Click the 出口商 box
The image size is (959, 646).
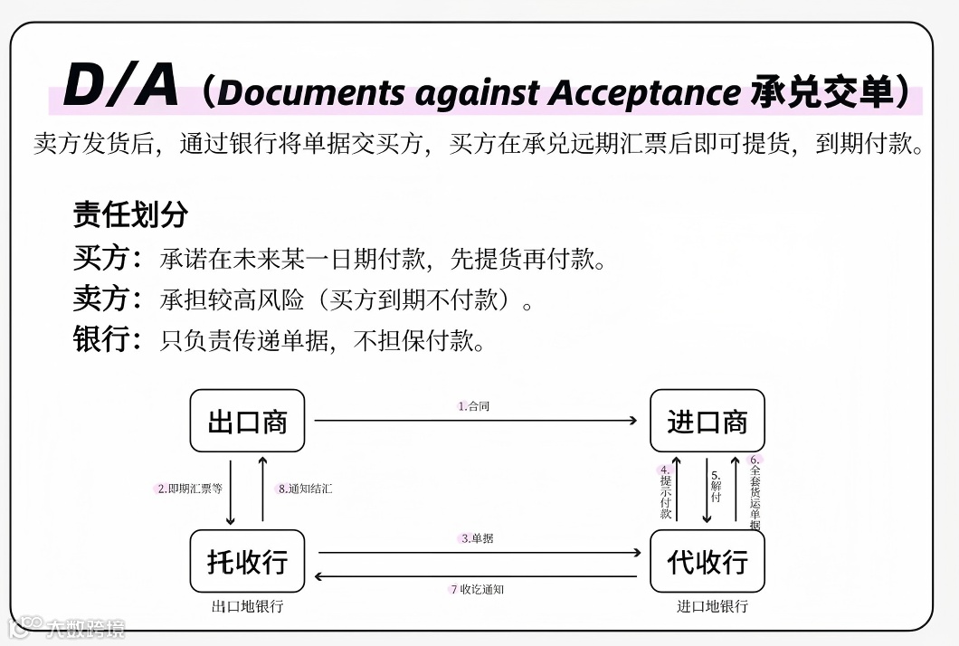[247, 422]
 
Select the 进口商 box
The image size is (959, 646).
[707, 422]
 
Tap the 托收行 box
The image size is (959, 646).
[247, 562]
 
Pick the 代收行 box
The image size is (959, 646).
[707, 562]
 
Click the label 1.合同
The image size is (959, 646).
[474, 406]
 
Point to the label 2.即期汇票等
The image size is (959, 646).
[190, 489]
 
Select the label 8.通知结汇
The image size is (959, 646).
[305, 489]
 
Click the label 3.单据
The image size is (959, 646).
[478, 538]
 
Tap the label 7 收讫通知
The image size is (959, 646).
[477, 589]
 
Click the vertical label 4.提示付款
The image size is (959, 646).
[666, 492]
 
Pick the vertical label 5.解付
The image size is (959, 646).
[716, 486]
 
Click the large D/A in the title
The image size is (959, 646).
[121, 87]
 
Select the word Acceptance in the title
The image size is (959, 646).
[645, 92]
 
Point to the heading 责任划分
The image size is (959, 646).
[130, 214]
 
